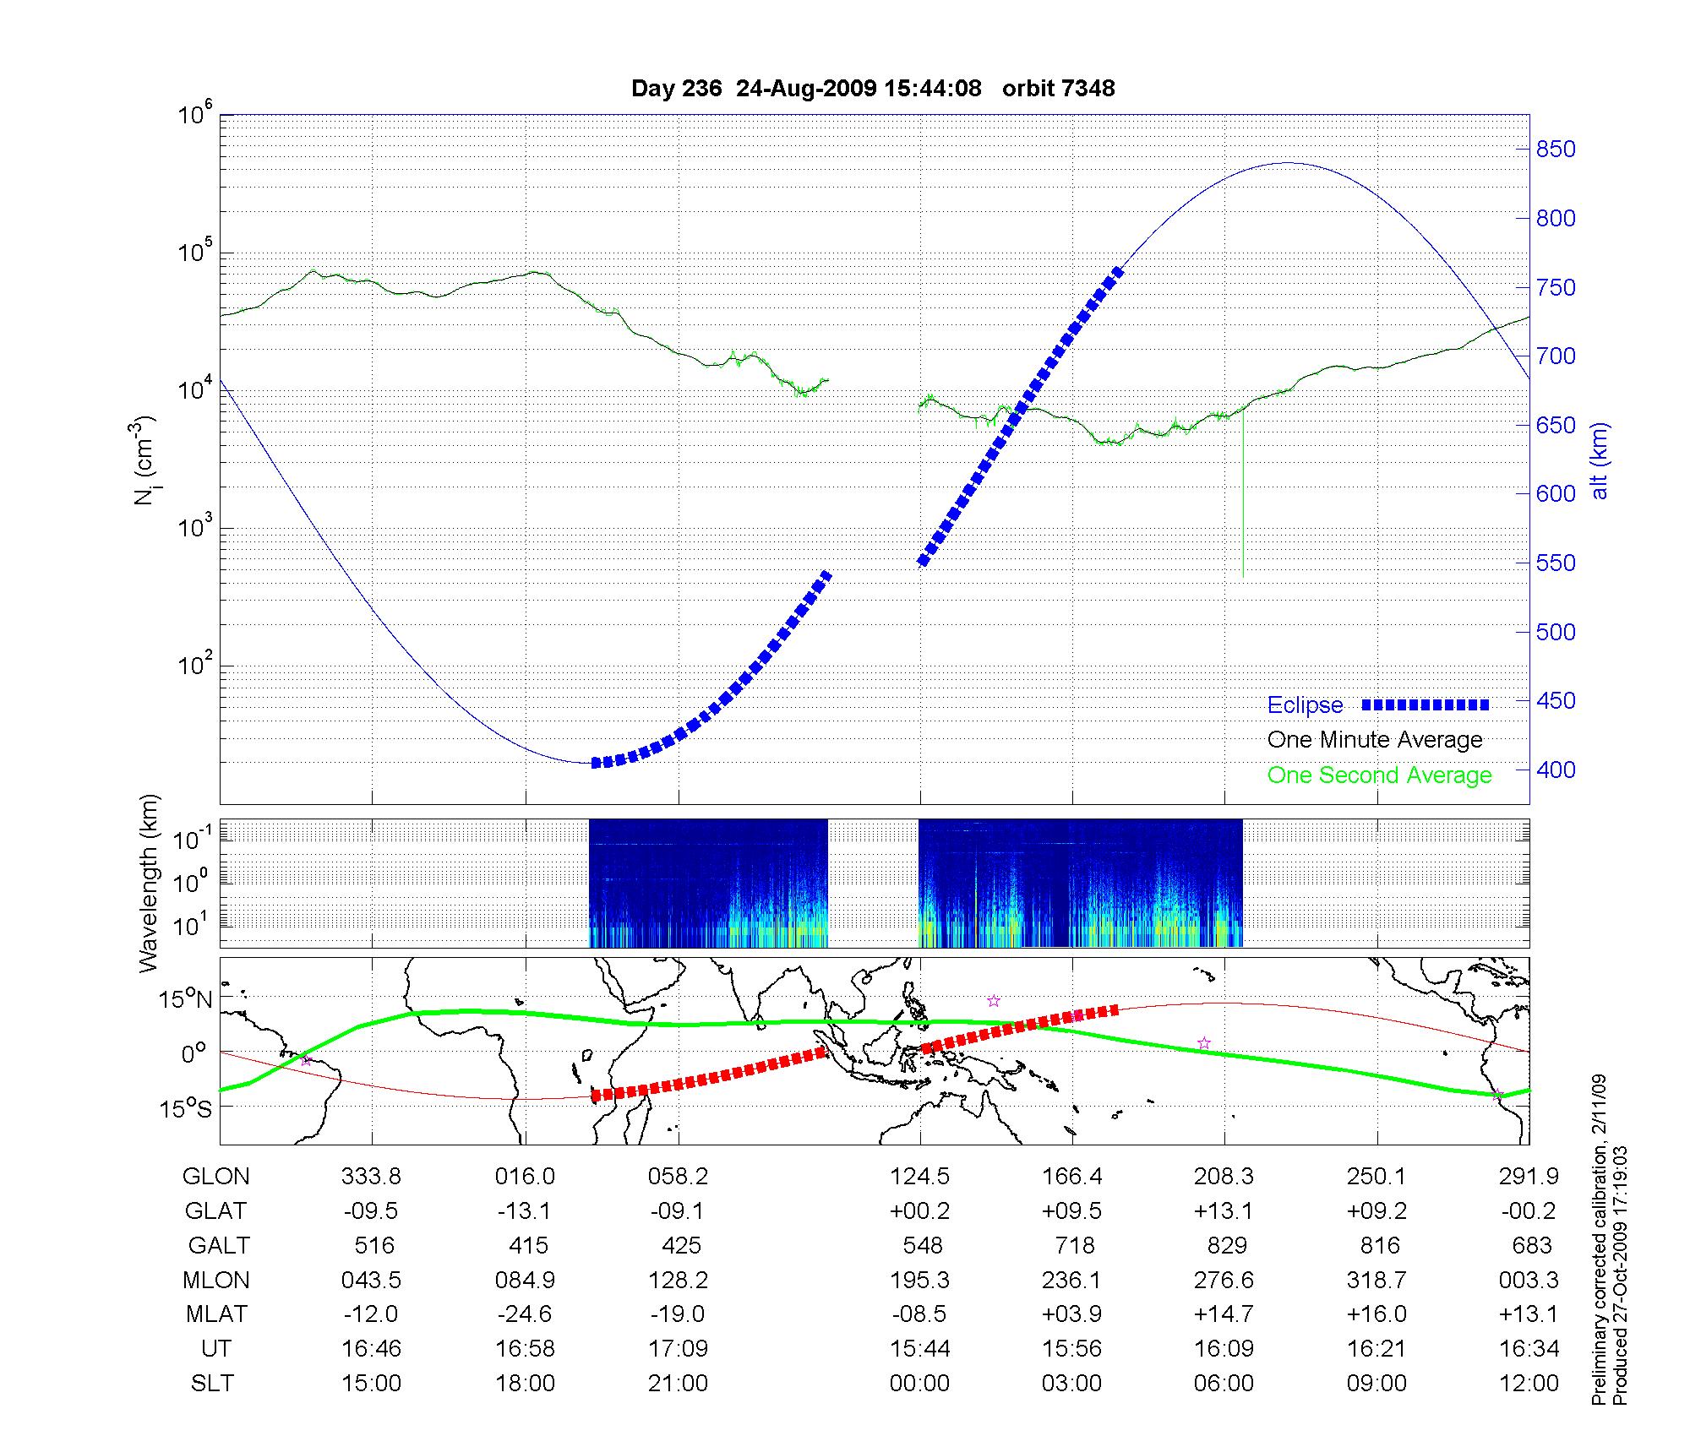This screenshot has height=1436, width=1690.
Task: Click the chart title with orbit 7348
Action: point(873,89)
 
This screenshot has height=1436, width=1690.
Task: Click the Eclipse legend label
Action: point(1305,705)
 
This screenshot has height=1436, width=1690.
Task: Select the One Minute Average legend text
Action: point(1375,740)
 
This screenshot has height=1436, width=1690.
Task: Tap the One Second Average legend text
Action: point(1379,775)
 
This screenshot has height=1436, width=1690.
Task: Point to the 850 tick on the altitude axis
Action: point(1556,150)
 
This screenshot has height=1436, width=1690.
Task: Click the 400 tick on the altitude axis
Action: point(1556,770)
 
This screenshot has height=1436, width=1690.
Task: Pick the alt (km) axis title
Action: point(1600,460)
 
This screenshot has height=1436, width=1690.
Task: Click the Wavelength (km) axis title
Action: point(149,884)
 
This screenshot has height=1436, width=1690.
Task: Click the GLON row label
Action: point(216,1177)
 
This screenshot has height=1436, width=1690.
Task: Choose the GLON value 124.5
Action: point(919,1177)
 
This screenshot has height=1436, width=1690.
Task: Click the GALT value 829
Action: point(1227,1246)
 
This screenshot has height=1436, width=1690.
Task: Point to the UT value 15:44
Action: point(919,1349)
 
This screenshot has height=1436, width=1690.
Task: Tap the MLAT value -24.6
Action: point(525,1314)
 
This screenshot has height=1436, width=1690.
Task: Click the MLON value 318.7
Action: point(1377,1281)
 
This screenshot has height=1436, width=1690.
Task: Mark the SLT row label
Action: point(212,1384)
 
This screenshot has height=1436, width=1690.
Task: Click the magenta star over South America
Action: point(306,1060)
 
